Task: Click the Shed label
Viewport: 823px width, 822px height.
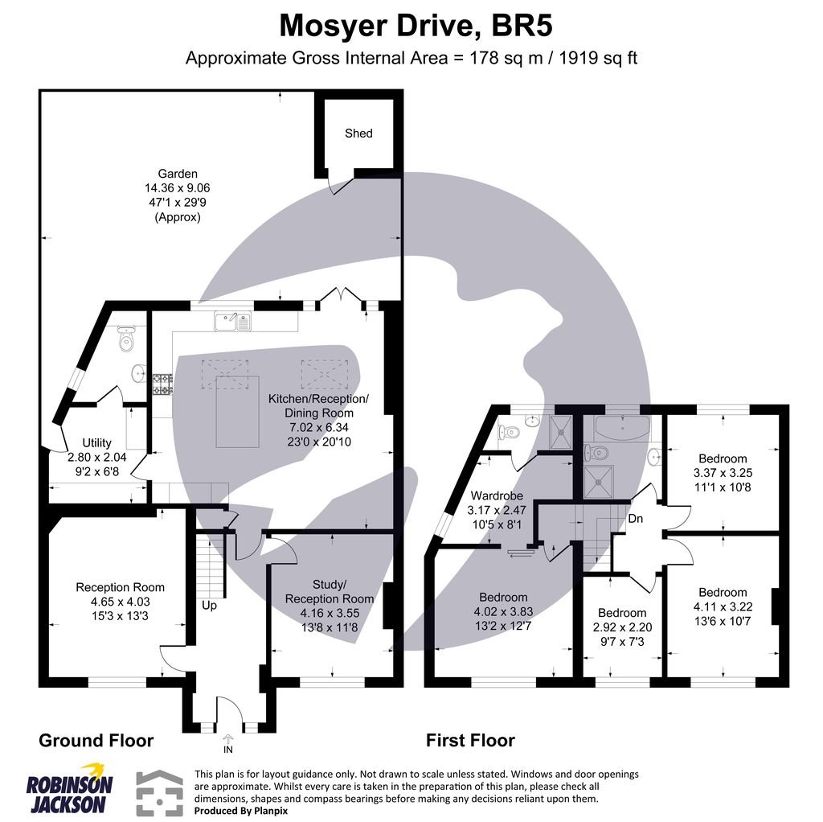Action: click(358, 133)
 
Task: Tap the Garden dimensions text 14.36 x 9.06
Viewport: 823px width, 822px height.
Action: click(178, 188)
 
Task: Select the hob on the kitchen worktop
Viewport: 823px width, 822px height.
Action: click(162, 384)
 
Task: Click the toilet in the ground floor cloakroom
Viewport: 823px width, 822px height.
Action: click(126, 341)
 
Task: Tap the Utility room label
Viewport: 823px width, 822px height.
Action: click(96, 443)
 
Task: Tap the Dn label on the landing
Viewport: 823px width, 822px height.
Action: click(635, 519)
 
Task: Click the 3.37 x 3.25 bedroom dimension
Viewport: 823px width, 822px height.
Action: click(723, 473)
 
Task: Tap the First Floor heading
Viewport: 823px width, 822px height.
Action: click(470, 740)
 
